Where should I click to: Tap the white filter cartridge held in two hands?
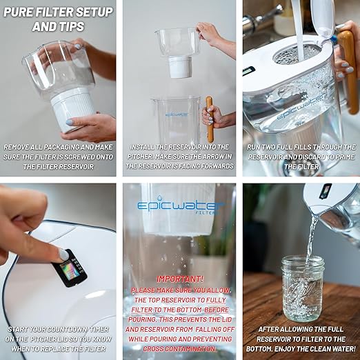click(73, 108)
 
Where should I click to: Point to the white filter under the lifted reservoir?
click(179, 67)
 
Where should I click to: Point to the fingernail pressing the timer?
click(63, 254)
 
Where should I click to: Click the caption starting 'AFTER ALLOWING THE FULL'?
click(301, 339)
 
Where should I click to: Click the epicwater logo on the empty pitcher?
click(177, 114)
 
